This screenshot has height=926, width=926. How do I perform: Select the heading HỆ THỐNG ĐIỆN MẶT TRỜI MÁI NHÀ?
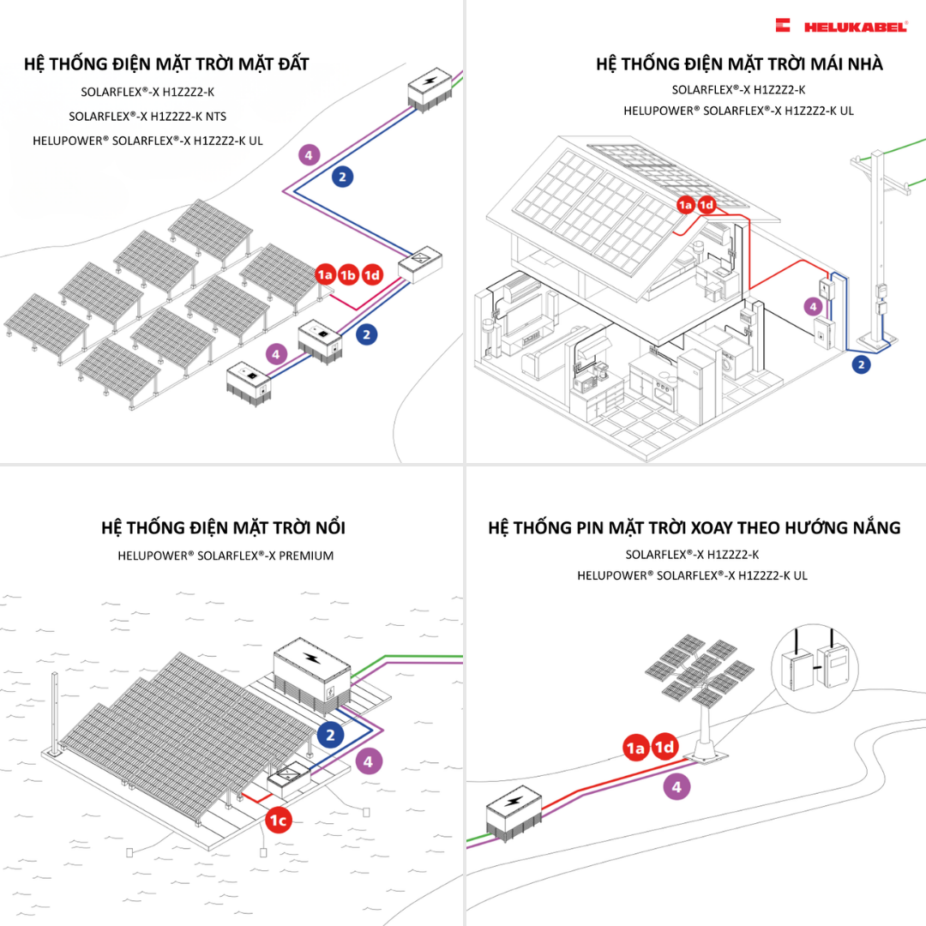click(x=738, y=64)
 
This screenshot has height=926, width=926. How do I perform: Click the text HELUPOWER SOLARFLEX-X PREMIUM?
click(x=225, y=556)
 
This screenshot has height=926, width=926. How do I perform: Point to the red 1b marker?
click(x=348, y=275)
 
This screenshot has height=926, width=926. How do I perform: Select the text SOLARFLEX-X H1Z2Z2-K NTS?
click(x=147, y=116)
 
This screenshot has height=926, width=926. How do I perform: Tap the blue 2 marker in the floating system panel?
click(x=330, y=735)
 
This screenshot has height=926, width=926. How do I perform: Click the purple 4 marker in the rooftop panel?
click(x=813, y=305)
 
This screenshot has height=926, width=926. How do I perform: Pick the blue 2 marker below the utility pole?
click(x=862, y=364)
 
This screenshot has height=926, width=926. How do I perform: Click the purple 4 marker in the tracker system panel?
click(x=676, y=786)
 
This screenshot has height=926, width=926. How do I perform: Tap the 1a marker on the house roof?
click(x=685, y=205)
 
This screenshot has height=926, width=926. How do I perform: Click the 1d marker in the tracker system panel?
click(x=664, y=748)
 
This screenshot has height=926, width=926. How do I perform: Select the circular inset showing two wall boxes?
click(x=815, y=661)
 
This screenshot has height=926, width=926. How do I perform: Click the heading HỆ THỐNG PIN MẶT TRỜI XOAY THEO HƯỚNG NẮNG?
click(x=694, y=527)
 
